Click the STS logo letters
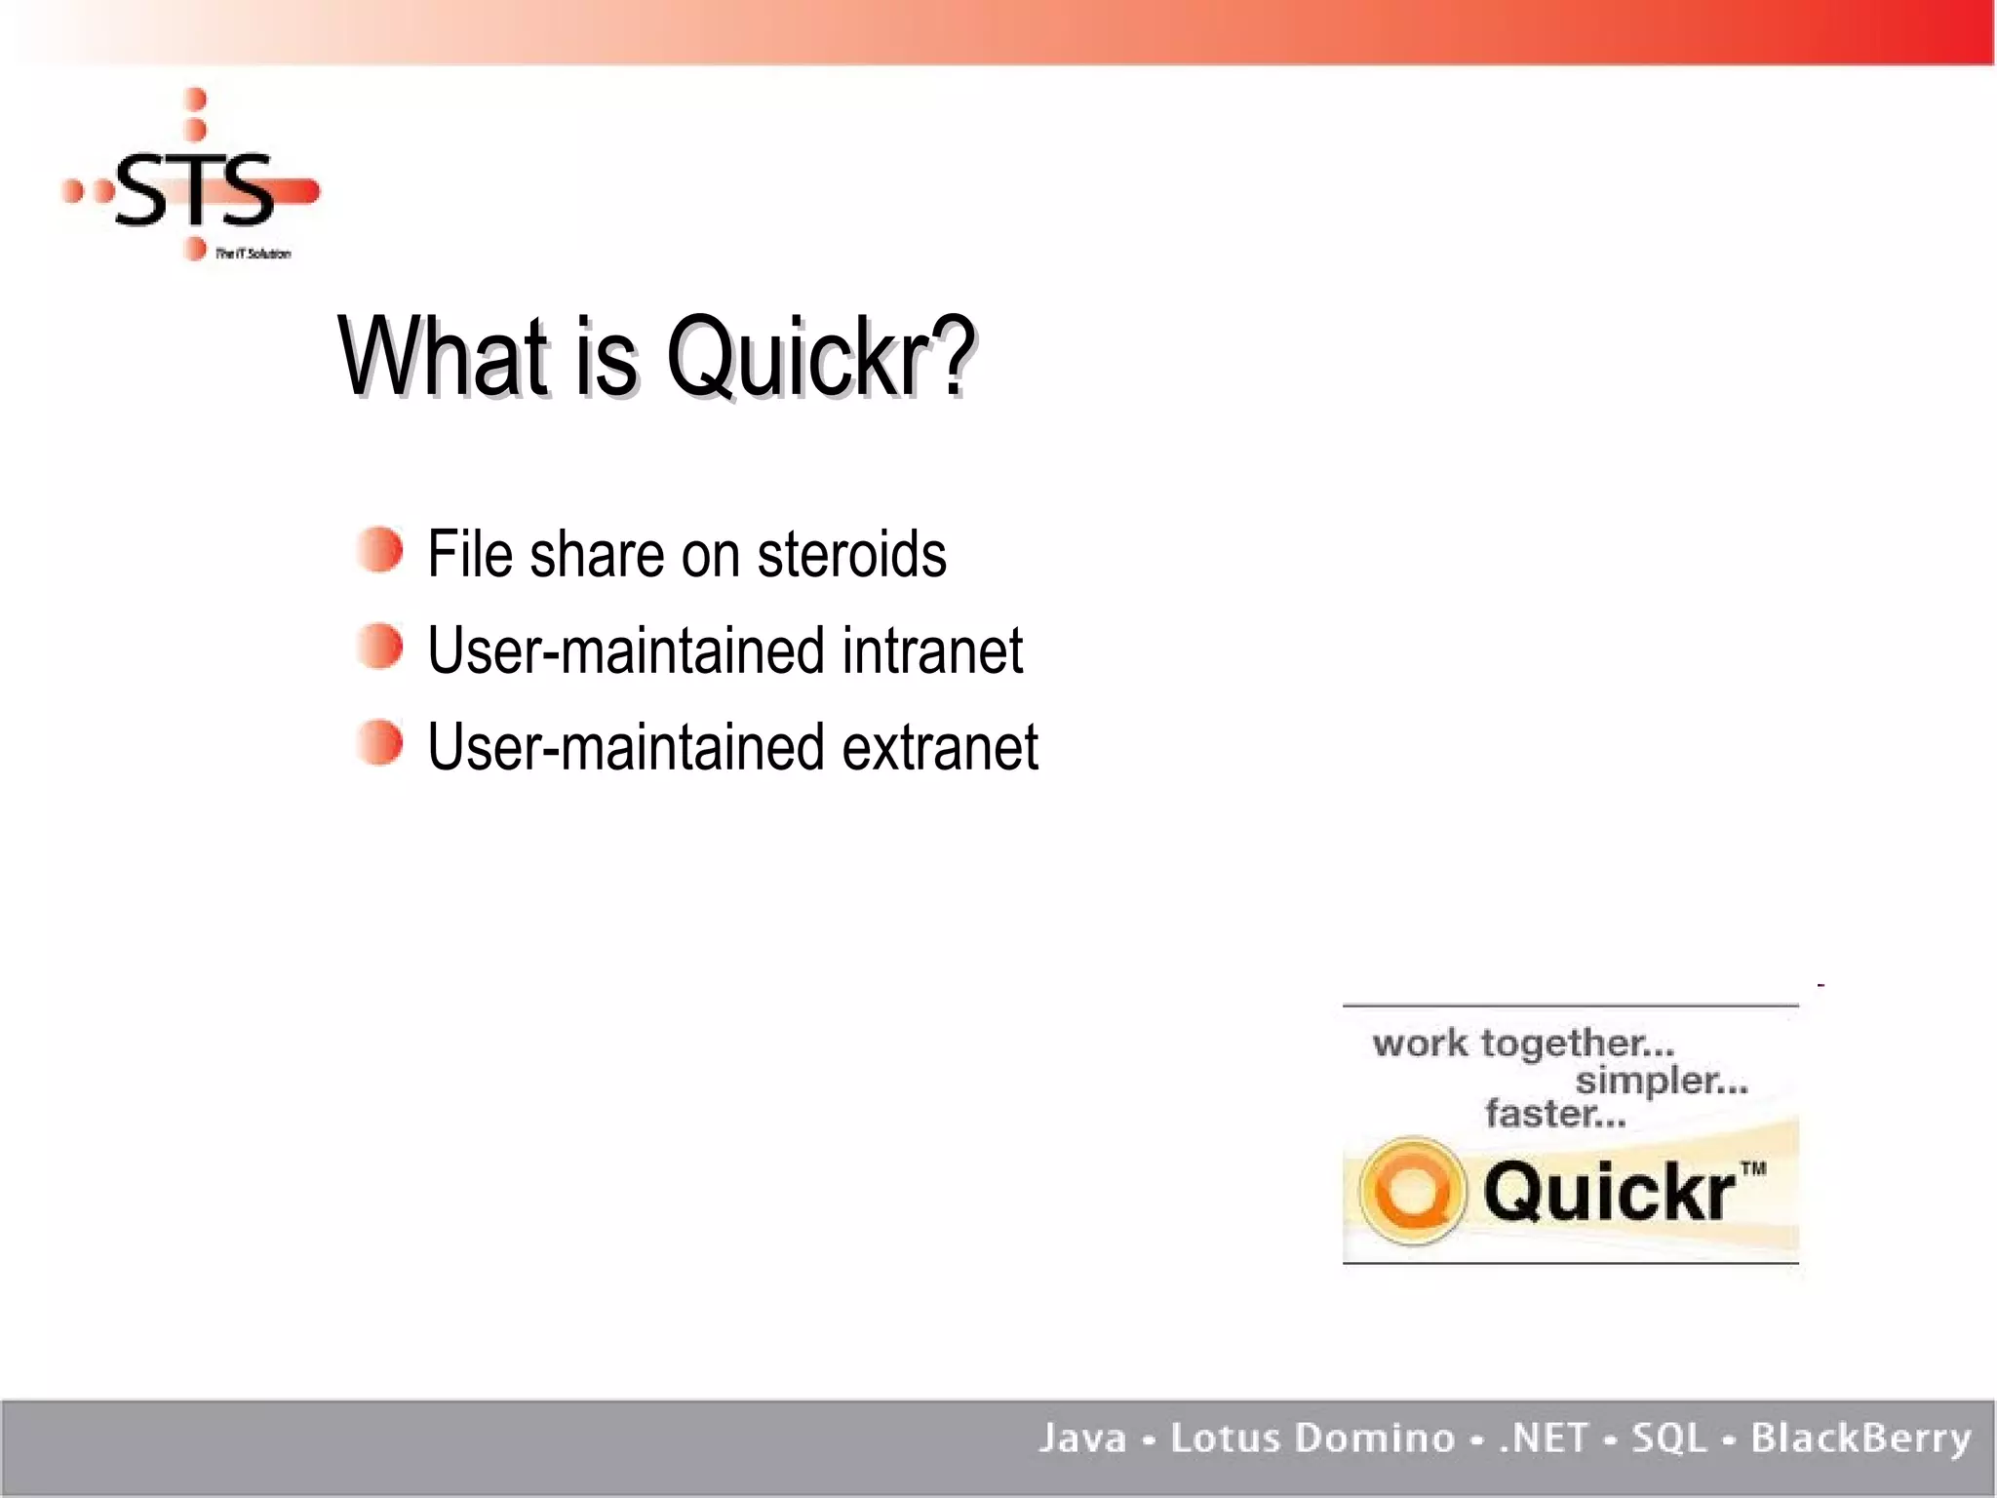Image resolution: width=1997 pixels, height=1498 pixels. click(x=195, y=190)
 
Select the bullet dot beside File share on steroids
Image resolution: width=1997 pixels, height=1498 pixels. click(x=379, y=550)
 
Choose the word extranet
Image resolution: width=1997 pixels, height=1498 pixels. click(x=940, y=747)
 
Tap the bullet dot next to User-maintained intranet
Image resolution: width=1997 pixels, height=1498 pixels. click(x=379, y=647)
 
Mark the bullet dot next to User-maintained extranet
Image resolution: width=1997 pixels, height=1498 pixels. click(x=379, y=743)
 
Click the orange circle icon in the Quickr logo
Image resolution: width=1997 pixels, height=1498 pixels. click(x=1413, y=1191)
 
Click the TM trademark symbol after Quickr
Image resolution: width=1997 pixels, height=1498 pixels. click(x=1752, y=1168)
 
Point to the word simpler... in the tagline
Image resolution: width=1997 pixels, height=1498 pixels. click(x=1662, y=1081)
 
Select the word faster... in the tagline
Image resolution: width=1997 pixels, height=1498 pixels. click(x=1555, y=1114)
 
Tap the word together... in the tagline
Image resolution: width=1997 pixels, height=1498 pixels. click(x=1577, y=1044)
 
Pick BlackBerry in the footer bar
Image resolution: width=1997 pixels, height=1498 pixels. click(x=1860, y=1438)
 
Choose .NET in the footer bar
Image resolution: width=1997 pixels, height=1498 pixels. click(x=1544, y=1438)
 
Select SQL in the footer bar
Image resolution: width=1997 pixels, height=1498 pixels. click(x=1669, y=1438)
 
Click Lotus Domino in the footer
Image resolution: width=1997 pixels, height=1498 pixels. click(x=1312, y=1438)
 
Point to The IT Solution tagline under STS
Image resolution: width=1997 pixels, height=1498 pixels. click(x=253, y=254)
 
